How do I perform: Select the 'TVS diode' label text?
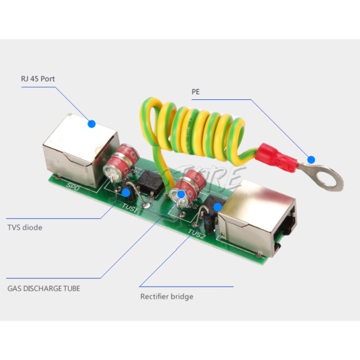tap(24, 227)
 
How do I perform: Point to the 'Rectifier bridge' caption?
tap(166, 297)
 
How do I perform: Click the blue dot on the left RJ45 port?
tap(92, 125)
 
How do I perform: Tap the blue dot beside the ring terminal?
tap(311, 160)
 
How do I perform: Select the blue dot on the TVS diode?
tap(126, 193)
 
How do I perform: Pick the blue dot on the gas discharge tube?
tap(181, 194)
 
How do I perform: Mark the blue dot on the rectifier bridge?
tap(218, 207)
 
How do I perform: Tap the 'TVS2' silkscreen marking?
tap(197, 234)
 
